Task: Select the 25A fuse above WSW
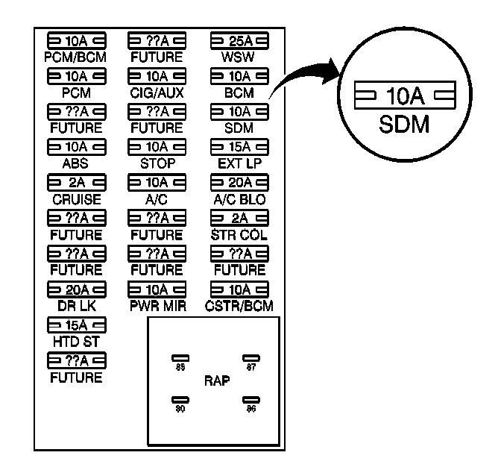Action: pos(239,41)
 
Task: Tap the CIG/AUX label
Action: pos(157,93)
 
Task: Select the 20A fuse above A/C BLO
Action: pos(239,183)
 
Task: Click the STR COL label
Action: pos(239,235)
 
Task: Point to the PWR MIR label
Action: pos(157,306)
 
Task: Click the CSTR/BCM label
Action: pos(239,306)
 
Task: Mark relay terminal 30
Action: pos(179,401)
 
